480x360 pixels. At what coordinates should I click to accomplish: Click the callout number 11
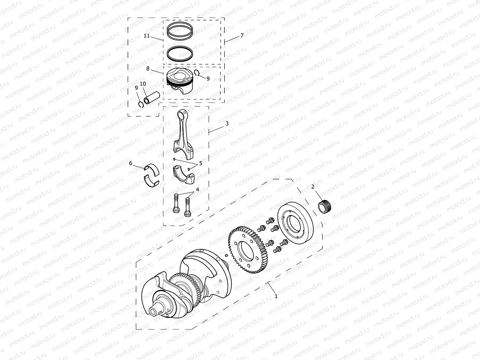click(147, 36)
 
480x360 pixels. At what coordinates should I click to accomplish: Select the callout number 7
click(242, 35)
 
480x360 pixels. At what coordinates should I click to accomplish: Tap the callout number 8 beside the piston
click(148, 69)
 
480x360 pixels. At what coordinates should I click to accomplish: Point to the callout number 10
click(143, 84)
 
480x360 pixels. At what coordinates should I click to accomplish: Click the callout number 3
click(227, 124)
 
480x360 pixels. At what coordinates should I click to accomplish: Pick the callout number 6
click(131, 163)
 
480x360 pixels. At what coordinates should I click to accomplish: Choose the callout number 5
click(201, 163)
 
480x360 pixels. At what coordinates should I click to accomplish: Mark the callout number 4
click(197, 190)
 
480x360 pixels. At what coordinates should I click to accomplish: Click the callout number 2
click(313, 187)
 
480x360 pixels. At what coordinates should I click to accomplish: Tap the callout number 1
click(276, 296)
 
